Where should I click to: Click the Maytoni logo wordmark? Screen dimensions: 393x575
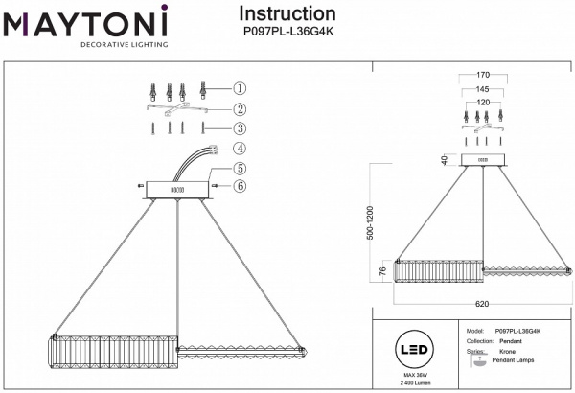[x=85, y=20]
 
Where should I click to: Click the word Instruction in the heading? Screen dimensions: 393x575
[x=287, y=14]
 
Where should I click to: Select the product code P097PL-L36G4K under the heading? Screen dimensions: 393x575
[x=287, y=32]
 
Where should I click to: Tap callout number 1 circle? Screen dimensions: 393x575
[x=240, y=87]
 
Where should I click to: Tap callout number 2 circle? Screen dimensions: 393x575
[x=240, y=109]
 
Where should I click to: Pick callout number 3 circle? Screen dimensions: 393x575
[x=240, y=128]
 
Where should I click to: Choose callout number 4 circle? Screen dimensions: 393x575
[x=240, y=149]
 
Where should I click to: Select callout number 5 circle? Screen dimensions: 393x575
[x=240, y=169]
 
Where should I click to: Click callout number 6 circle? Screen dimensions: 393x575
[x=240, y=186]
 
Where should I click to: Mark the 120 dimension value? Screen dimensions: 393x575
[x=483, y=101]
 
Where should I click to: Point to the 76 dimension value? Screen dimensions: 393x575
[x=382, y=272]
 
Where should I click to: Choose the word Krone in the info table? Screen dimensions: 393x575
[x=506, y=352]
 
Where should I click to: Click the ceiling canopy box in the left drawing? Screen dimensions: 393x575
[x=176, y=189]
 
